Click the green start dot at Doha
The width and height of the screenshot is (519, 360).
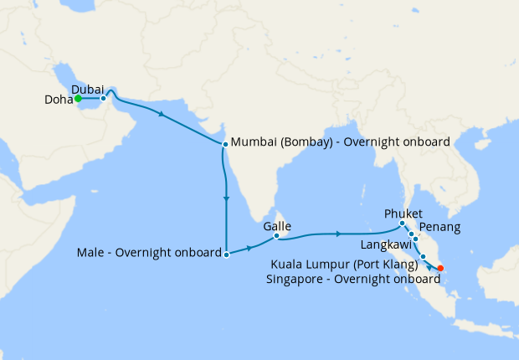pos(78,99)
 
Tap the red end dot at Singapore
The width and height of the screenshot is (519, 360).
pos(441,269)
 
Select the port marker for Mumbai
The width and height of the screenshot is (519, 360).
pos(225,144)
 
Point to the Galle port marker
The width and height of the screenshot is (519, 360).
pos(276,236)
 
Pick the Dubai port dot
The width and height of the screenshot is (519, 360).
pos(102,99)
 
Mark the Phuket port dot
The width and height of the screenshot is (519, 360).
pos(402,224)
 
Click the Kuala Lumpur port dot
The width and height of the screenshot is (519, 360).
pos(424,256)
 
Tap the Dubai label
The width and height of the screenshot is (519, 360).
pos(87,89)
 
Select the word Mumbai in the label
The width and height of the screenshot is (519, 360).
pos(253,141)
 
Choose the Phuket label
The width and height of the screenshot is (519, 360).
pos(403,213)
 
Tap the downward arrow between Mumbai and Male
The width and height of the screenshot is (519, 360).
pos(226,198)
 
